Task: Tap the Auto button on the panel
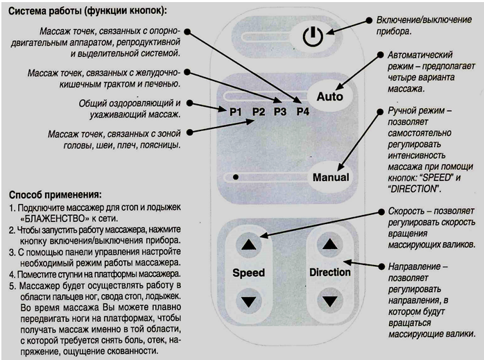point(329,96)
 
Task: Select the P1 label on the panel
point(236,111)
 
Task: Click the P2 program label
point(259,111)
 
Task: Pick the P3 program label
point(279,111)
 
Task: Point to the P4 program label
point(302,111)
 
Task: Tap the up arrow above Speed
point(248,245)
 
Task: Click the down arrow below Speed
point(248,300)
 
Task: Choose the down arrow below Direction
point(329,300)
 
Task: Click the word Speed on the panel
point(248,273)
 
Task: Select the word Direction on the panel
point(329,273)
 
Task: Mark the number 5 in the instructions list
point(12,284)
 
